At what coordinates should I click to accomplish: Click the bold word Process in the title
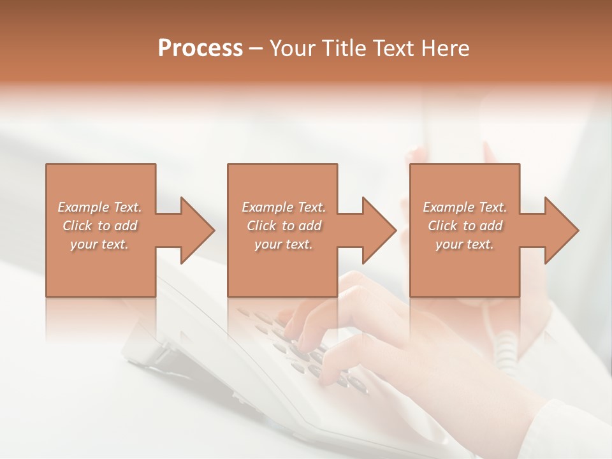[200, 48]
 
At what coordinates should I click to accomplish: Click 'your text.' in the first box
[99, 244]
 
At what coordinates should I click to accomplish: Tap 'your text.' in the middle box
[283, 244]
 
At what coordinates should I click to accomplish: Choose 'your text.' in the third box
[464, 244]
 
